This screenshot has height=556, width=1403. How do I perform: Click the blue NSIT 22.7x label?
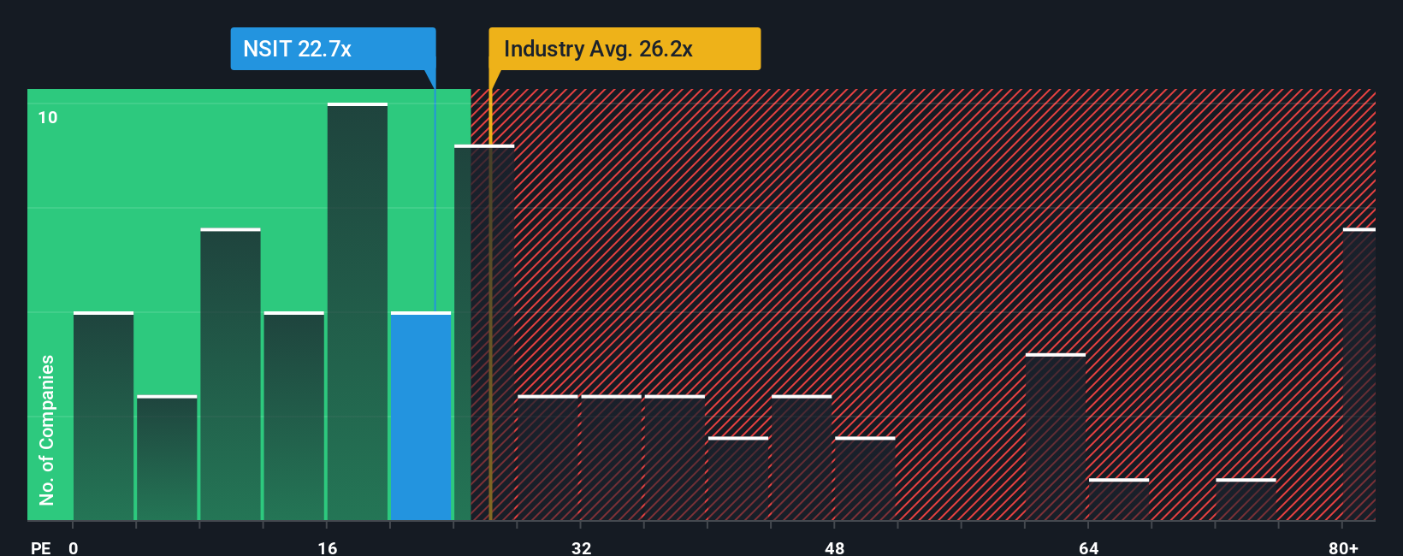point(333,49)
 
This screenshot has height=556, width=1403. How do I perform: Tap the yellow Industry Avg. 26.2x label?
point(625,49)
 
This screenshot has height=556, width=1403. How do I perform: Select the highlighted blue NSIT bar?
point(421,417)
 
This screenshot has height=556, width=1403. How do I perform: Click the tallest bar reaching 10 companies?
point(358,312)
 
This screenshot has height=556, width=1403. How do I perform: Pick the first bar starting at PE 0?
point(104,417)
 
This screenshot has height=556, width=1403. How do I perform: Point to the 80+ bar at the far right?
point(1359,375)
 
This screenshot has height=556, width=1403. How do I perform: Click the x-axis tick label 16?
point(328,547)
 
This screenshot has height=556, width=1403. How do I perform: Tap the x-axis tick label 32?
point(582,547)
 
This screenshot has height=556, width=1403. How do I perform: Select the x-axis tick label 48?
point(835,547)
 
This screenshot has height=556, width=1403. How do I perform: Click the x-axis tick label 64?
point(1088,547)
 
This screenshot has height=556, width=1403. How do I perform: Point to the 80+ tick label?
point(1343,547)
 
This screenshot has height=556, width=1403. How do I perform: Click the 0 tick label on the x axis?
point(74,547)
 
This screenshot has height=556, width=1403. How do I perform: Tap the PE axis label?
point(41,547)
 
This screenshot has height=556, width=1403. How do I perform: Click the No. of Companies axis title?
point(47,429)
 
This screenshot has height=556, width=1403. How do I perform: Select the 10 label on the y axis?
point(48,117)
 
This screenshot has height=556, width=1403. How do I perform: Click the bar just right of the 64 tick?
point(1119,500)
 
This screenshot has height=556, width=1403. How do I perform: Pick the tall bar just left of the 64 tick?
point(1056,437)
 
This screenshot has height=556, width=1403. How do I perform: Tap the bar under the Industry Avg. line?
point(484,334)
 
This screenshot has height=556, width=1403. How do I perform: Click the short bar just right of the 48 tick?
point(865,479)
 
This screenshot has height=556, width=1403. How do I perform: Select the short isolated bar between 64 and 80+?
point(1246,500)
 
